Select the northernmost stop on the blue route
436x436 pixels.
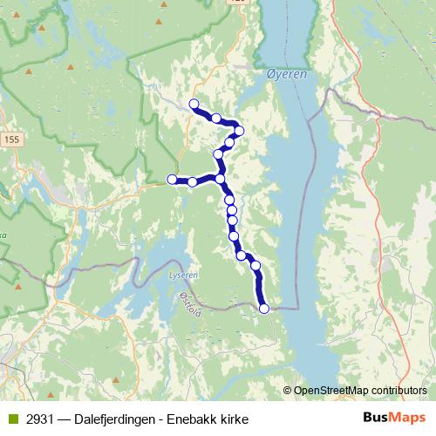(194, 105)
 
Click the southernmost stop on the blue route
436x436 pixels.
(264, 308)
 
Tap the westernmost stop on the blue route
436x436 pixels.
(172, 180)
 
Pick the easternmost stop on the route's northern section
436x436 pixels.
(239, 131)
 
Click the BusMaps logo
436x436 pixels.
(394, 418)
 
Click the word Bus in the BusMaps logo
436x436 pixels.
(378, 418)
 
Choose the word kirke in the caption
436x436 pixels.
(240, 419)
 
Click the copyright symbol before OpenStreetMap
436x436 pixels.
(287, 390)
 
